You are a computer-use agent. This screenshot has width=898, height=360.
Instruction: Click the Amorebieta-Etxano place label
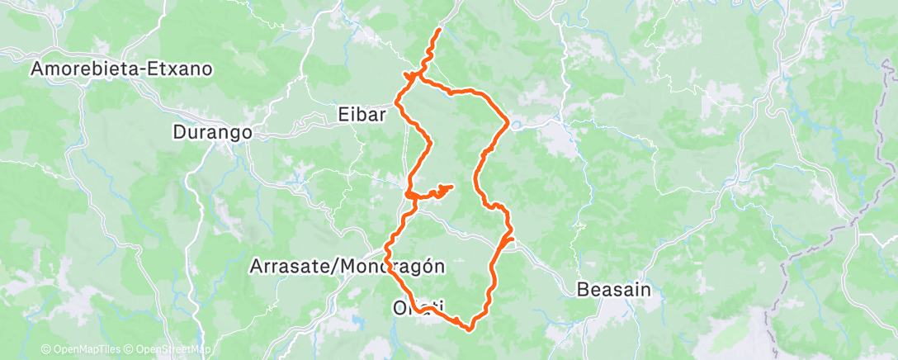[x=122, y=69]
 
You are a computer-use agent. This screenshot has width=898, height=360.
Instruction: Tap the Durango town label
[x=211, y=131]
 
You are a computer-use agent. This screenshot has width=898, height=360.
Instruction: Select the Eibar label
[x=362, y=115]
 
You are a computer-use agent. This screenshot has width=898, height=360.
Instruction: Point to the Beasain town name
[x=614, y=290]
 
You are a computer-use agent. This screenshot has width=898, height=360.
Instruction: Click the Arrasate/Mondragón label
[x=347, y=267]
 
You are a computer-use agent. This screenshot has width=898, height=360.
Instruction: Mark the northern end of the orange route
[x=438, y=30]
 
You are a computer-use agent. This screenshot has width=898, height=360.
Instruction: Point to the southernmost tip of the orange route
[x=470, y=329]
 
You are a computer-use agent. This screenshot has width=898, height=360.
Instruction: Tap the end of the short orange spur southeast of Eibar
[x=452, y=187]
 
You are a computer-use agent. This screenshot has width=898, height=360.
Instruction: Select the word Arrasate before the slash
[x=286, y=267]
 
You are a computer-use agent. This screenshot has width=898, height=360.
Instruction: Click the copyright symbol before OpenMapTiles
[x=45, y=349]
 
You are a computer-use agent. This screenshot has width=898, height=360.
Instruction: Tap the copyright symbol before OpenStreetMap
[x=130, y=349]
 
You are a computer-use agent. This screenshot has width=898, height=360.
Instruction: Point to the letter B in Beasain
[x=582, y=290]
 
